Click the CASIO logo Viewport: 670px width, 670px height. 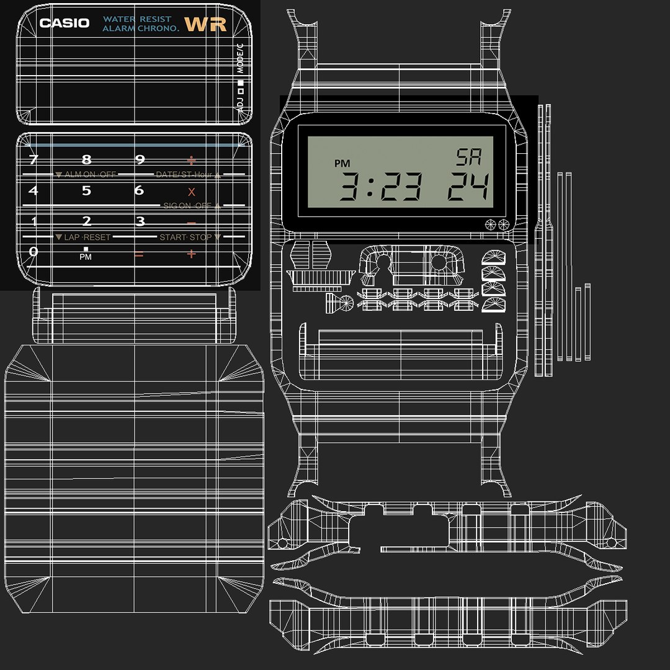(65, 24)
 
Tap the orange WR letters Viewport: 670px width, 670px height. (205, 25)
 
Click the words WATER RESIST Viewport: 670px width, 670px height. (137, 19)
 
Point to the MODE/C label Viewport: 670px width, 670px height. (240, 59)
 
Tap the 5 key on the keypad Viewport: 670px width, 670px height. (86, 190)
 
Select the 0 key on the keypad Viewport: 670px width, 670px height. (33, 252)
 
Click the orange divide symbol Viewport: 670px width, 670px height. (191, 160)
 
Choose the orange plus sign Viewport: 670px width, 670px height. (191, 254)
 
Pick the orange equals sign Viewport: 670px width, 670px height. (139, 254)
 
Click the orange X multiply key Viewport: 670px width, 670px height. (191, 192)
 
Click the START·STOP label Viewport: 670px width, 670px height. (185, 238)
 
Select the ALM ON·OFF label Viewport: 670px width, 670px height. (90, 175)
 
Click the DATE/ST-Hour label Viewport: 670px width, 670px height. (184, 175)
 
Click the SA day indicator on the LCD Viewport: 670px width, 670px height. (468, 158)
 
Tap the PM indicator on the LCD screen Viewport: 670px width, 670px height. (342, 164)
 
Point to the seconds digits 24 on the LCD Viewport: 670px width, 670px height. (468, 186)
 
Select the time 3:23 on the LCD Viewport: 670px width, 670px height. (381, 186)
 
